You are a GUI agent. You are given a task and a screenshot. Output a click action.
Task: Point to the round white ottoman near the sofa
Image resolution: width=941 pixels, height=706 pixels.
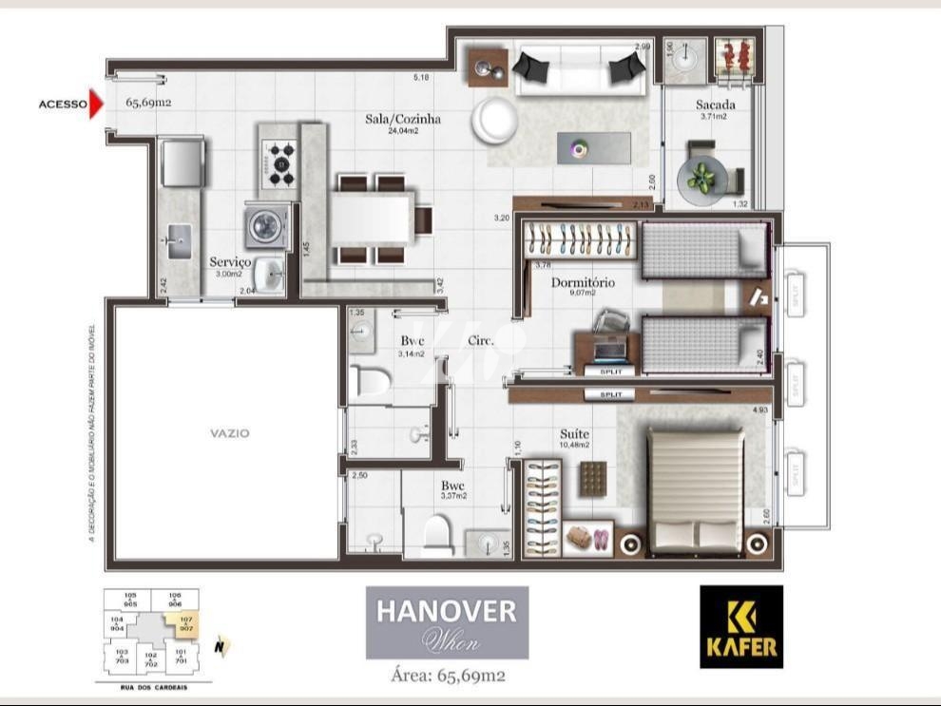click(x=496, y=120)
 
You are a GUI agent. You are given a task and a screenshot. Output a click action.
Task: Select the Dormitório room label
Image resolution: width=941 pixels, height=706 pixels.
click(x=583, y=283)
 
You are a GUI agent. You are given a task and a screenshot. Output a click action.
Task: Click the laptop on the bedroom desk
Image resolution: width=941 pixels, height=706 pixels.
click(x=607, y=350)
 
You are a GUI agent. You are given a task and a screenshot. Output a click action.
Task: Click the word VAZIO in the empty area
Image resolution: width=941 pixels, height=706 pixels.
click(x=230, y=433)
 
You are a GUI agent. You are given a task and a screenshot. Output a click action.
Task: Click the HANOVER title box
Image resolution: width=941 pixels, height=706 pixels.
click(x=447, y=622)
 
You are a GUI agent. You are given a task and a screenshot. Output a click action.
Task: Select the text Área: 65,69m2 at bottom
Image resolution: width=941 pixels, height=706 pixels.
click(x=448, y=677)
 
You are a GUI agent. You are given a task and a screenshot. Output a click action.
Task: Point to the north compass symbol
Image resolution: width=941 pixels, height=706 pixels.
click(x=221, y=648)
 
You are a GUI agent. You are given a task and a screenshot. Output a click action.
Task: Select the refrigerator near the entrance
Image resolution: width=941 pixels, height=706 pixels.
click(x=182, y=162)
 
